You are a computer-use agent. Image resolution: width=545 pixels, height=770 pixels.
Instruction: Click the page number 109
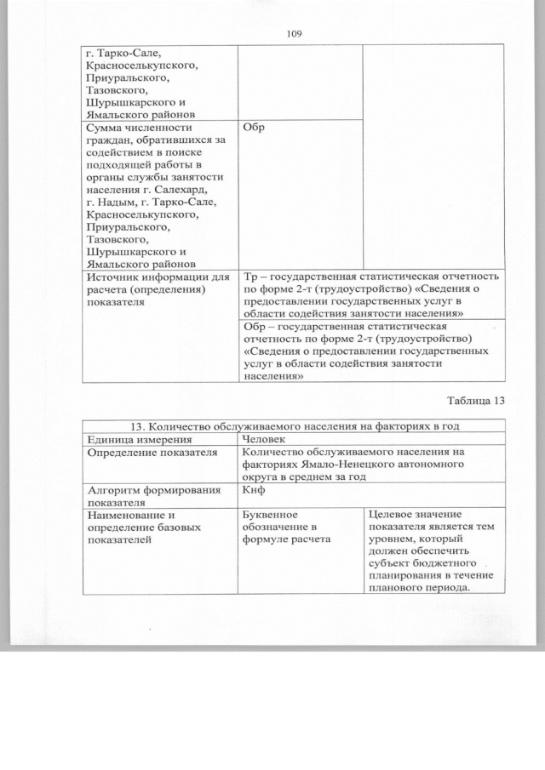295,33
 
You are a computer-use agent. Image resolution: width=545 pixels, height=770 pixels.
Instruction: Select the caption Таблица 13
476,401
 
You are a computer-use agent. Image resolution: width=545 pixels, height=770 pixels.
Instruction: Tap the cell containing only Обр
253,128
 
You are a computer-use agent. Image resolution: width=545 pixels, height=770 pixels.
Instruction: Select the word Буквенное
270,515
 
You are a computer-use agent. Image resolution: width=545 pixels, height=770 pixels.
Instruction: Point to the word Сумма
105,128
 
